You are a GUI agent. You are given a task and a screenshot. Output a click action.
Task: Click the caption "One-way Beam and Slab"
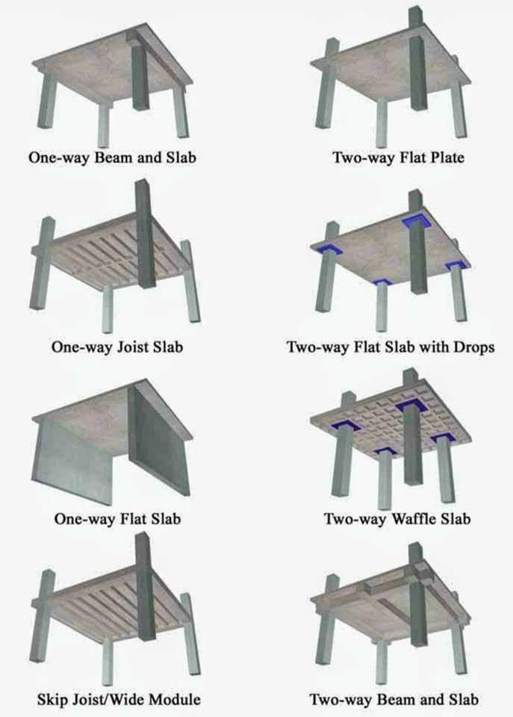pyautogui.click(x=114, y=158)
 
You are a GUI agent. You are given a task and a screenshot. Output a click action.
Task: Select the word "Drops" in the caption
pyautogui.click(x=470, y=347)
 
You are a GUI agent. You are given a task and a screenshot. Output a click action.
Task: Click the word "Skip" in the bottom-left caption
pyautogui.click(x=52, y=700)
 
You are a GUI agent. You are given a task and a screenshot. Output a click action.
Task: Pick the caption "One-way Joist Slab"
pyautogui.click(x=117, y=347)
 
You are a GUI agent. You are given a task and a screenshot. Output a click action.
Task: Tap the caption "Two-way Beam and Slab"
pyautogui.click(x=394, y=700)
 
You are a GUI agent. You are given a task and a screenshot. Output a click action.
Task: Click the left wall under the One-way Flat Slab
pyautogui.click(x=71, y=456)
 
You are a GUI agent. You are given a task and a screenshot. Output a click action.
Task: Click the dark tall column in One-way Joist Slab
pyautogui.click(x=145, y=239)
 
